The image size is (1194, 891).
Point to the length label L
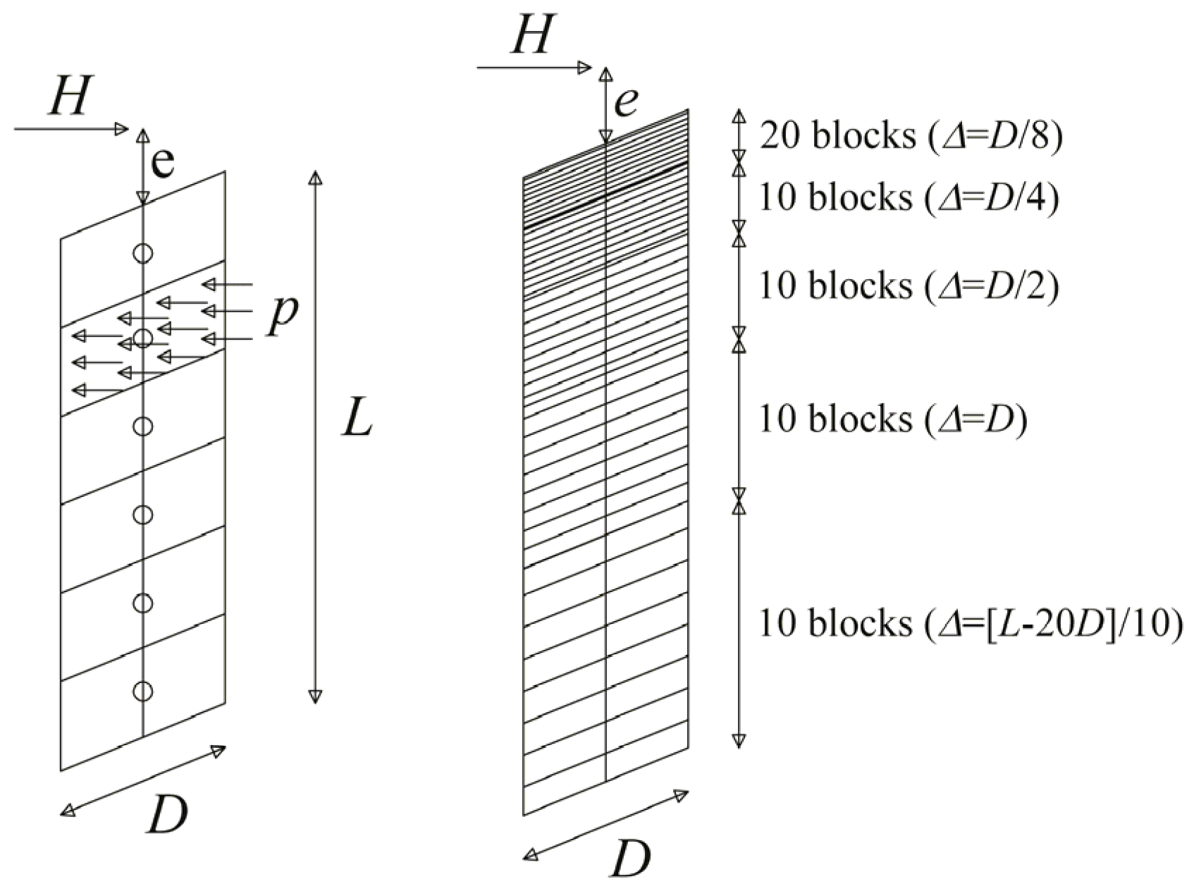point(357,422)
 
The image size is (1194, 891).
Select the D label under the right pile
point(630,858)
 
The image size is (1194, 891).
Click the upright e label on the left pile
point(163,164)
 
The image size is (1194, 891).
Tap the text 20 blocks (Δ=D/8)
point(910,135)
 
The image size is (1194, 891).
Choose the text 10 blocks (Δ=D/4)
point(909,198)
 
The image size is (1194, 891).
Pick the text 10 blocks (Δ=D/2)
point(909,286)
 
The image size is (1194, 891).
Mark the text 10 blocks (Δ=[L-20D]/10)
point(969,624)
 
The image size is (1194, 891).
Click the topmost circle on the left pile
point(143,253)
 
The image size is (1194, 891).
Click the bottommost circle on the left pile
point(143,691)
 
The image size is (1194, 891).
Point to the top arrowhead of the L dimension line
point(316,177)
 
